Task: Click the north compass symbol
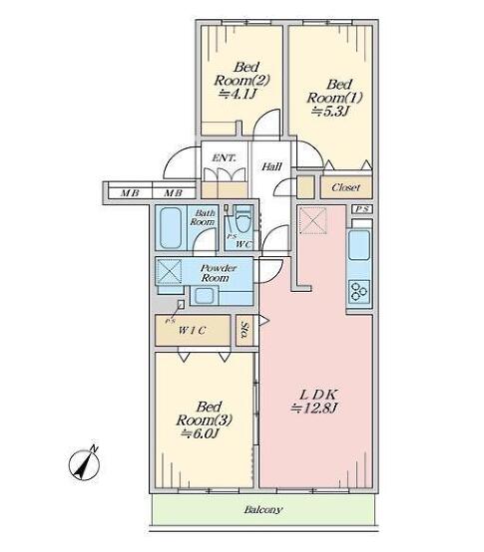click(x=84, y=464)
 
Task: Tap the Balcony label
click(x=263, y=510)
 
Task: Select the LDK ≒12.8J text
click(x=314, y=401)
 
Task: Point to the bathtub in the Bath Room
click(x=171, y=228)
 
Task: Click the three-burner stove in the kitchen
click(x=359, y=291)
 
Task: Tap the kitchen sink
click(x=359, y=245)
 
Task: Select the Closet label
click(x=346, y=187)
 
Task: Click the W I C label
click(x=193, y=331)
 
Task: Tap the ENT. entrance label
click(x=224, y=158)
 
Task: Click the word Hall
click(x=271, y=166)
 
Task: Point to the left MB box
click(x=130, y=193)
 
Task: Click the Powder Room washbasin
click(x=204, y=295)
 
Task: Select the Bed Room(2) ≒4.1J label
click(x=242, y=80)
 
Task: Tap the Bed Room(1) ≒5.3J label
click(x=334, y=98)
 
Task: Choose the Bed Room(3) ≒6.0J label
click(x=205, y=420)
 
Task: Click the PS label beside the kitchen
click(x=362, y=209)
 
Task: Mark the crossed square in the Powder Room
click(x=169, y=271)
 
